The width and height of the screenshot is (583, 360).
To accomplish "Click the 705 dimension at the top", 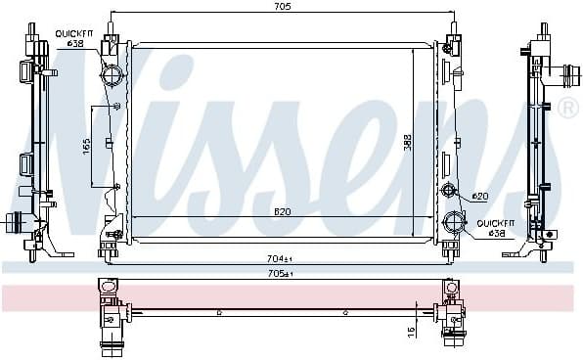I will pyautogui.click(x=282, y=7).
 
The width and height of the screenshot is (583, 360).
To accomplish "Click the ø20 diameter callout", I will pyautogui.click(x=479, y=197).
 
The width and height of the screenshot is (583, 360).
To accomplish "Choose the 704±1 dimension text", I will pyautogui.click(x=282, y=259).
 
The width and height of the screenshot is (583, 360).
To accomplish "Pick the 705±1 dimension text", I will pyautogui.click(x=282, y=274).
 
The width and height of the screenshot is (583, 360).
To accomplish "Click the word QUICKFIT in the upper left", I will pyautogui.click(x=72, y=31).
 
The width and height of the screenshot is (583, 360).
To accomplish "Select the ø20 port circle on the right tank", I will pyautogui.click(x=449, y=189).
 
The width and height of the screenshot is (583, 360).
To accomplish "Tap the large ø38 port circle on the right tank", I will pyautogui.click(x=450, y=221).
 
